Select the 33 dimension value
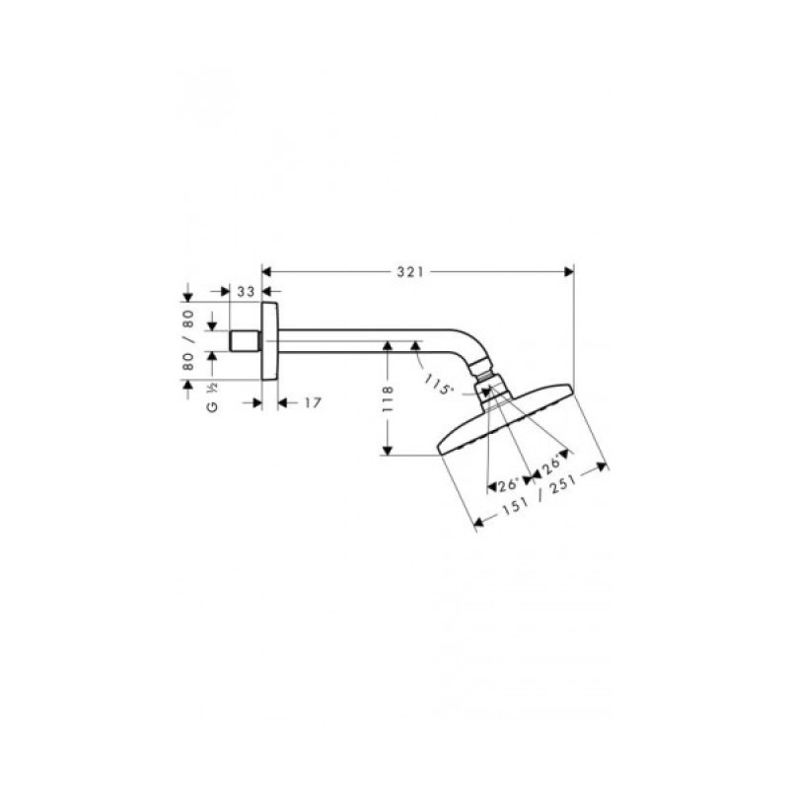[x=246, y=292]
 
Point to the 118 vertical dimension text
[x=390, y=399]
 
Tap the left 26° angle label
[x=510, y=484]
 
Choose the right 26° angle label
[x=548, y=461]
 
